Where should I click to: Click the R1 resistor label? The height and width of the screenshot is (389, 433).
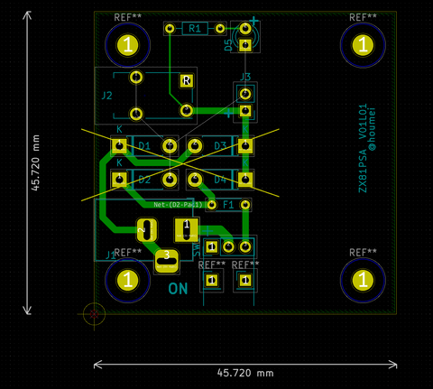pos(194,29)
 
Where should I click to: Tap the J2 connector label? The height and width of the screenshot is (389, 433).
pos(106,95)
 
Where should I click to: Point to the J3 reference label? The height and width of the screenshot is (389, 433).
pos(245,77)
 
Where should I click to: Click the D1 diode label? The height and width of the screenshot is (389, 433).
pos(143,145)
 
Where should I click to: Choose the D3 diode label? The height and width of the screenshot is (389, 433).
pos(219,145)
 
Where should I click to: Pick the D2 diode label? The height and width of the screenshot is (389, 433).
pos(143,180)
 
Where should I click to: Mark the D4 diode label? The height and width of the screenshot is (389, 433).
pos(219,180)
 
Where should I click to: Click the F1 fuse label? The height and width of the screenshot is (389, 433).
pos(228,205)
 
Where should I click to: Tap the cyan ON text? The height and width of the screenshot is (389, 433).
pos(178,290)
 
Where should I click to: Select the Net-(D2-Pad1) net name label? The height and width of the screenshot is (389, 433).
pos(179,205)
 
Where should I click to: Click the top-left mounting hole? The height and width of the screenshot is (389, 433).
pos(129,44)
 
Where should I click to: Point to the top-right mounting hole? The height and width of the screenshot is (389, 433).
pos(363,44)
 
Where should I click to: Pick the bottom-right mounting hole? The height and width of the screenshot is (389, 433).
pos(363,281)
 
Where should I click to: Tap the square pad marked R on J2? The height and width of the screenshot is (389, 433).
pos(186,80)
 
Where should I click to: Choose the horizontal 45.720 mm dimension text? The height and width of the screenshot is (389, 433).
pos(245,372)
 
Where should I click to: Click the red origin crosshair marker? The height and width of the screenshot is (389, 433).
pos(94,313)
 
